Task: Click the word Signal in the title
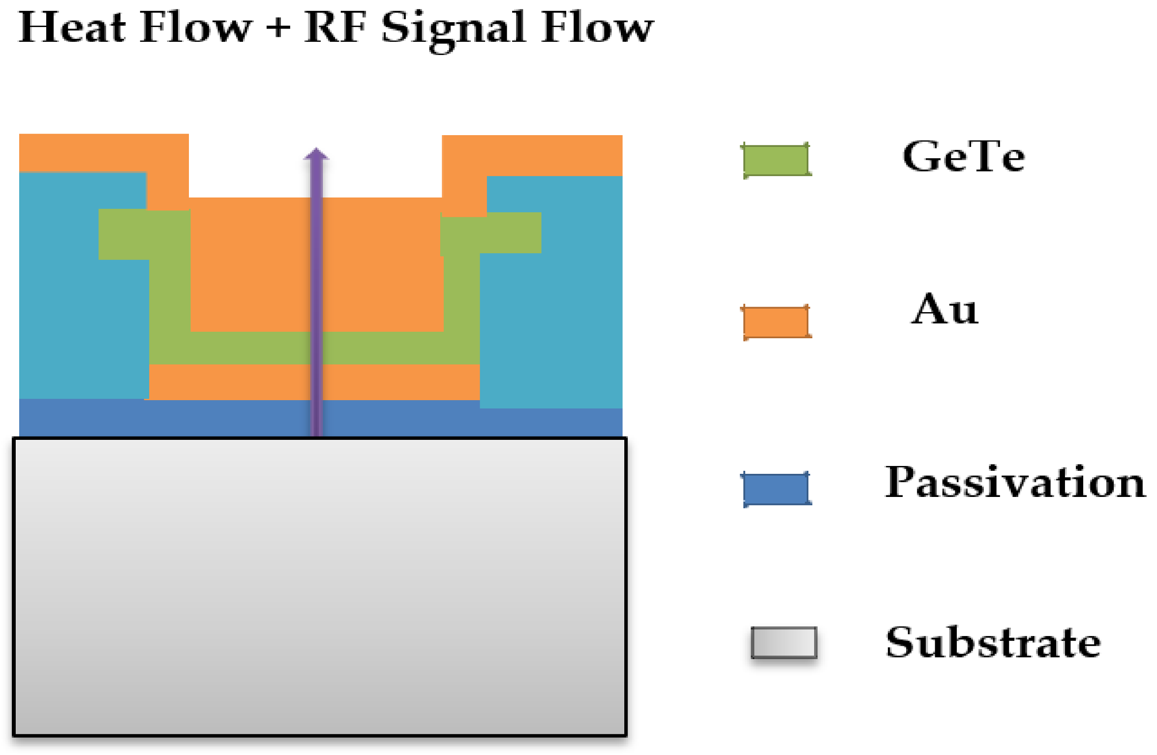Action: click(x=454, y=29)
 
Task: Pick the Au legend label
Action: click(x=944, y=310)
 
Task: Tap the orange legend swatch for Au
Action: click(x=776, y=322)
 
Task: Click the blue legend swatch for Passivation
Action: click(x=776, y=489)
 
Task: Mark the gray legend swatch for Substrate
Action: click(x=784, y=642)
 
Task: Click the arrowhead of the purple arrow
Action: click(x=316, y=154)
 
